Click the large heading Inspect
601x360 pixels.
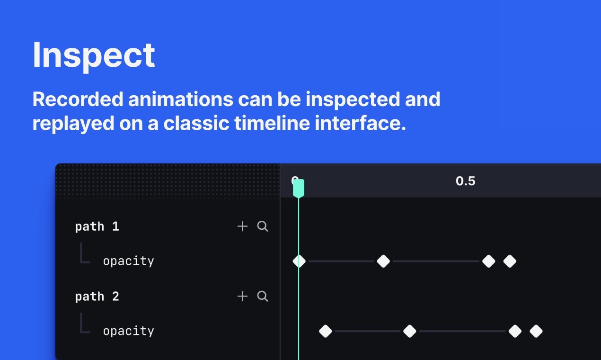pyautogui.click(x=94, y=55)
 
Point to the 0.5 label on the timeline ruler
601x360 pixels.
pyautogui.click(x=465, y=181)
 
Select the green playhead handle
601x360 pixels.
pyautogui.click(x=299, y=188)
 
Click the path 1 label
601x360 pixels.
pyautogui.click(x=97, y=226)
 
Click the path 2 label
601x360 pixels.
pyautogui.click(x=97, y=297)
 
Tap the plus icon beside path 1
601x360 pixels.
pyautogui.click(x=242, y=226)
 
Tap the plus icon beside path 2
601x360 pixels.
pyautogui.click(x=242, y=297)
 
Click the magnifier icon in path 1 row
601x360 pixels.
pyautogui.click(x=263, y=226)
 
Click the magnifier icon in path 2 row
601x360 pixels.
pyautogui.click(x=263, y=297)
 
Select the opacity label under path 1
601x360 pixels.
pyautogui.click(x=128, y=261)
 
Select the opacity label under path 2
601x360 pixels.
pyautogui.click(x=128, y=331)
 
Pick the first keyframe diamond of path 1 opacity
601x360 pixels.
pyautogui.click(x=299, y=261)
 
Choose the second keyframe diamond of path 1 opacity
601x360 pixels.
pyautogui.click(x=383, y=261)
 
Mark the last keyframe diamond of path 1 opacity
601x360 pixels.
pyautogui.click(x=510, y=261)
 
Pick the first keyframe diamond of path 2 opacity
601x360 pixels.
pyautogui.click(x=326, y=331)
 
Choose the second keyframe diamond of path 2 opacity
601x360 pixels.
pyautogui.click(x=410, y=331)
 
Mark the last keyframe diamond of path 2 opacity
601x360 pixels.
pyautogui.click(x=536, y=331)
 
